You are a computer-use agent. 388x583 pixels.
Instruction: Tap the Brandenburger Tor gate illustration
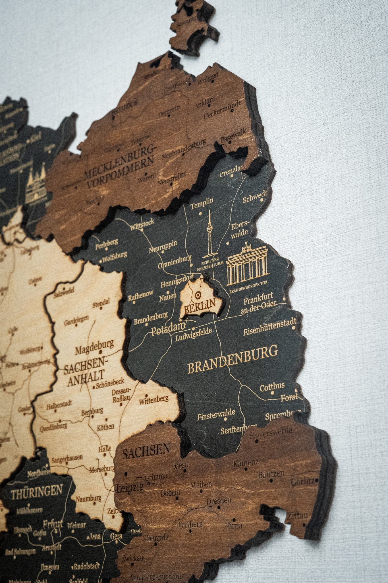click(x=247, y=266)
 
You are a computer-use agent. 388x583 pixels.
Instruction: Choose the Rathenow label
click(x=140, y=294)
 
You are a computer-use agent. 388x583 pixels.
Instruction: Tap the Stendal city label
click(x=101, y=303)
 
